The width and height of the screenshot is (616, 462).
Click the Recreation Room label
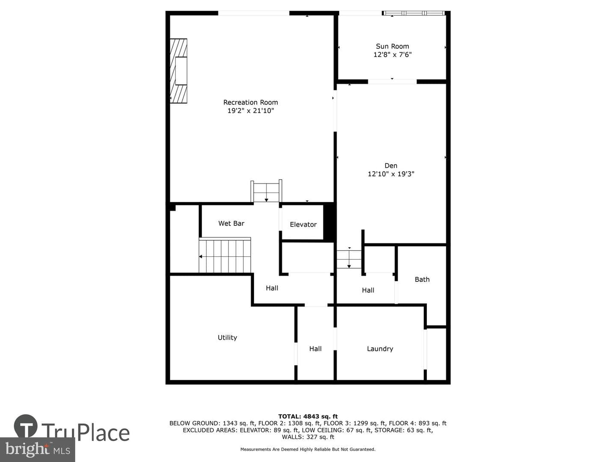(x=250, y=102)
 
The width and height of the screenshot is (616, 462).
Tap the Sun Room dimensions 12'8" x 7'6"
(x=392, y=54)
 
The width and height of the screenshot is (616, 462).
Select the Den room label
(x=391, y=166)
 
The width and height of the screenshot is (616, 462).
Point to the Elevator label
(x=303, y=225)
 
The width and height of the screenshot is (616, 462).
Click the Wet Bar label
(x=231, y=223)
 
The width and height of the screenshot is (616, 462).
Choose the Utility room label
(x=227, y=338)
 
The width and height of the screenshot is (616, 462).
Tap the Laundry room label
(x=380, y=349)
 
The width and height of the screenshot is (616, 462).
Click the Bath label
(x=422, y=279)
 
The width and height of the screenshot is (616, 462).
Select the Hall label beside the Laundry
(x=315, y=349)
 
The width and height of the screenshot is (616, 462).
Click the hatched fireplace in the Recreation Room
(x=178, y=71)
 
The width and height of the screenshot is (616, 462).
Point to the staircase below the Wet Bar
(x=225, y=255)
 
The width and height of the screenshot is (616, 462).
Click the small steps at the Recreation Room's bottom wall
(x=267, y=191)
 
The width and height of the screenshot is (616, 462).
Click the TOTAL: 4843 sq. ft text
(x=308, y=417)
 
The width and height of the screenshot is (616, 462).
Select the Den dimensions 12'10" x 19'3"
(x=391, y=174)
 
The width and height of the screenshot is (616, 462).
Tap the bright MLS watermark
(x=38, y=449)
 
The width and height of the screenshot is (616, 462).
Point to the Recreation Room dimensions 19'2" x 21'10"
(x=250, y=110)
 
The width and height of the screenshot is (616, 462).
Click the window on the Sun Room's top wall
(x=414, y=13)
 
